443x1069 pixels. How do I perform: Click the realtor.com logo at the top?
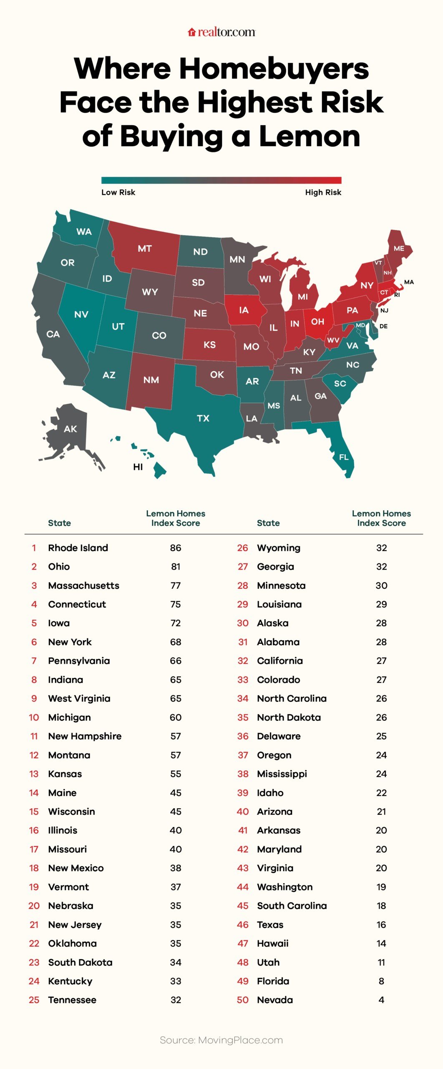click(x=221, y=32)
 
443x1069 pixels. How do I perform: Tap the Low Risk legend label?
click(x=118, y=192)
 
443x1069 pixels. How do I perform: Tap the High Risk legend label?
click(x=323, y=192)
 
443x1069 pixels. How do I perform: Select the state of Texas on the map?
click(x=203, y=418)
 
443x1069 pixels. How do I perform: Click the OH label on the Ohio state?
click(x=317, y=322)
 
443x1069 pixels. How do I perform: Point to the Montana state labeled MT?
click(x=144, y=248)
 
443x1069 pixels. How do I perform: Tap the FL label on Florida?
click(x=344, y=457)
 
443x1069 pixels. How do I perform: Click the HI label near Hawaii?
click(x=138, y=467)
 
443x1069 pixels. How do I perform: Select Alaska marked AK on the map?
click(x=70, y=429)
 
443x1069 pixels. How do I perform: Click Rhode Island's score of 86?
click(x=176, y=548)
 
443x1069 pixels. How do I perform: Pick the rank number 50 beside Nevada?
click(x=243, y=1000)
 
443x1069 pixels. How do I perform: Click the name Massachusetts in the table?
click(x=83, y=585)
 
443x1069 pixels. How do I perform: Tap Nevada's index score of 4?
click(x=381, y=1000)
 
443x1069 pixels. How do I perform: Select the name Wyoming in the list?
click(x=279, y=548)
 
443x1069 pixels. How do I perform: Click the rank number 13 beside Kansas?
click(x=34, y=774)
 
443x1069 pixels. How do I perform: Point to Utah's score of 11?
click(x=381, y=962)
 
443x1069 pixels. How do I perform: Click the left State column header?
click(x=59, y=523)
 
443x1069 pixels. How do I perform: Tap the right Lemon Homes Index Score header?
click(x=381, y=518)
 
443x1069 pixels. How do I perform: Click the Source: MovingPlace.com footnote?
click(x=221, y=1040)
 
